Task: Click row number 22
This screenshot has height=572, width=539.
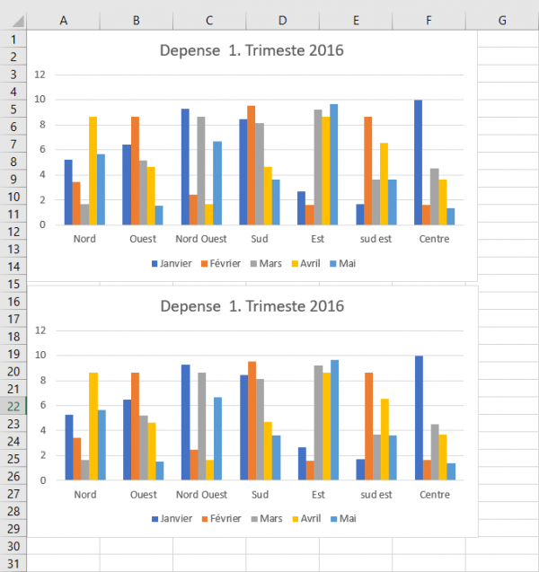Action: coord(13,406)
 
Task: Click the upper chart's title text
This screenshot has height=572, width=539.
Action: coord(252,50)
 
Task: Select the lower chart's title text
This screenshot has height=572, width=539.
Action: coord(252,306)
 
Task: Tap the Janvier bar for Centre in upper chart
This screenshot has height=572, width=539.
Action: coord(418,162)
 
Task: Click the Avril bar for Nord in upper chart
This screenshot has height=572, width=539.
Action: coord(93,171)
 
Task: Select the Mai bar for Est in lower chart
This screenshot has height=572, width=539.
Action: coord(334,419)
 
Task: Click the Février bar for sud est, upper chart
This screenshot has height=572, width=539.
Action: coord(367,171)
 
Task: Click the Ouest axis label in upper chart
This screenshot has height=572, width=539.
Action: coord(143,239)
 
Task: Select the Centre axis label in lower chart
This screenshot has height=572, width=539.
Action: coord(435,495)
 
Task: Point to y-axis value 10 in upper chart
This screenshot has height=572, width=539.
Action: coord(40,100)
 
